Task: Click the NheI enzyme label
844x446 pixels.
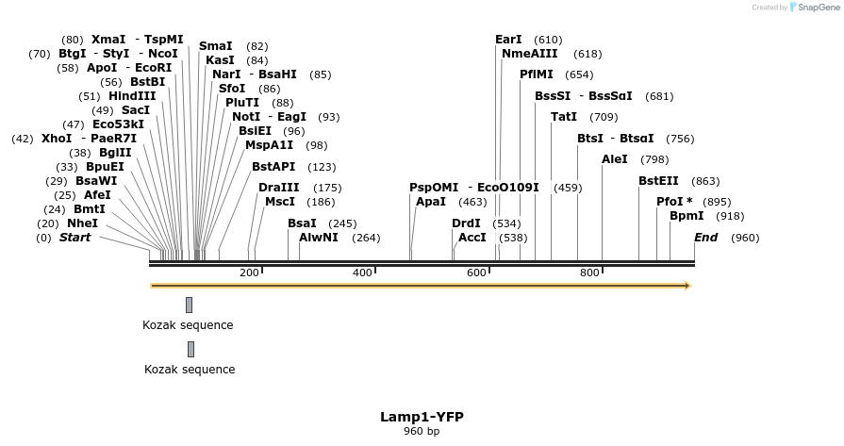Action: coord(81,223)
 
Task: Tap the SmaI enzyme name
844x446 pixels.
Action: coord(215,46)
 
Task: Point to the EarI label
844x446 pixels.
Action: coord(508,40)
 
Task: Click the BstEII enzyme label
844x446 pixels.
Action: coord(658,181)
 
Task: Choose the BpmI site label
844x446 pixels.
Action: coord(686,216)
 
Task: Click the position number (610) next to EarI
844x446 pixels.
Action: coord(548,40)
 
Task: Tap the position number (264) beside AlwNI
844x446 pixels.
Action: coord(366,238)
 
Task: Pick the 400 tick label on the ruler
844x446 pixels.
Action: coord(363,273)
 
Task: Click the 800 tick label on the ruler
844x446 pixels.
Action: coord(589,273)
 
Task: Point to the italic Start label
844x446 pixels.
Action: coord(75,238)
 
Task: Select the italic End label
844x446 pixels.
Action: coord(705,238)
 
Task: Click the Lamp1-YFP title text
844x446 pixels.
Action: coord(422,417)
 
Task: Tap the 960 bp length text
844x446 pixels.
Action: coord(422,432)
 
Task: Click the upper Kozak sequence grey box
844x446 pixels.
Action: coord(189,305)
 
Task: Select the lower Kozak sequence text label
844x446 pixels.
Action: coord(190,370)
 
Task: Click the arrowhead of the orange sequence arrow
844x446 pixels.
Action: coord(687,285)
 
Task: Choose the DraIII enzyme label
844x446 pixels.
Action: coord(279,188)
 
